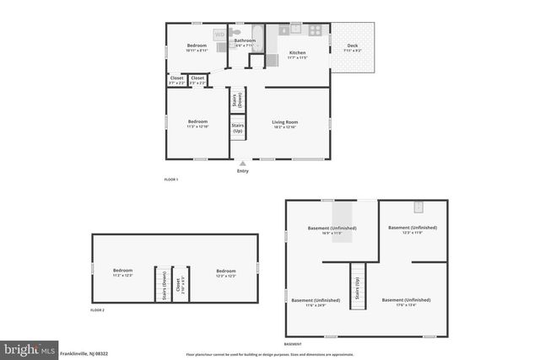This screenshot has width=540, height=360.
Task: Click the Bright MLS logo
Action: pos(30,348)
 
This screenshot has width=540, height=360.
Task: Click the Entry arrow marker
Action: pos(243,164)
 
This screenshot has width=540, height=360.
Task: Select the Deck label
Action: pos(353,47)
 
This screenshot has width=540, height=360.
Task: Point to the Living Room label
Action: pos(284,124)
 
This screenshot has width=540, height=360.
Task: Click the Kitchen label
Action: pos(297,54)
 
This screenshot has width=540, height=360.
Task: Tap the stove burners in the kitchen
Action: pos(315,30)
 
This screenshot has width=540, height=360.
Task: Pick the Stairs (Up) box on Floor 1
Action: pos(238,129)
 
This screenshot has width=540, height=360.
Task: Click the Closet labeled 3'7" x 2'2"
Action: pos(177,80)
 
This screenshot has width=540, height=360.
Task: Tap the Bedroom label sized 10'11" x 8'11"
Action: pos(197,47)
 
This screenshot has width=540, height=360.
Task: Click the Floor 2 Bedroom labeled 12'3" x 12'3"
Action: pos(225,272)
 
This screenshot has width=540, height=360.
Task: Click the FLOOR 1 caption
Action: pos(170,180)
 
